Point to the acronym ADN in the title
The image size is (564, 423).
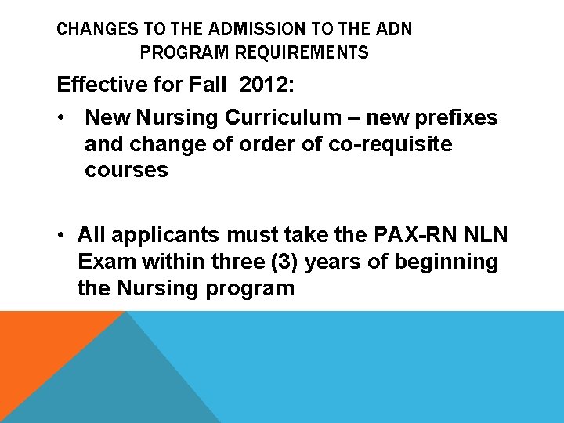(393, 31)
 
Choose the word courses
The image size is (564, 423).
(126, 171)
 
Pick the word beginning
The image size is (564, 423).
(446, 262)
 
